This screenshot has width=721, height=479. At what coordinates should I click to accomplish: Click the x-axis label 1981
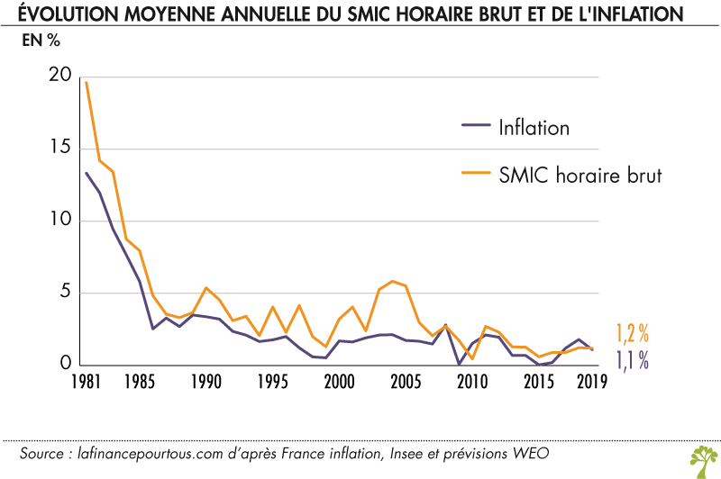tap(86, 381)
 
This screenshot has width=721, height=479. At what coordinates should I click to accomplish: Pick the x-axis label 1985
tap(140, 381)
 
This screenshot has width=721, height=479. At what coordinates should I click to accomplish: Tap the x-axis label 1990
tap(206, 381)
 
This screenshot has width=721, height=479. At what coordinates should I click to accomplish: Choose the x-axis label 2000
tap(339, 381)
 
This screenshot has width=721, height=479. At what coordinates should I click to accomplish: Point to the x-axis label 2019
tap(590, 381)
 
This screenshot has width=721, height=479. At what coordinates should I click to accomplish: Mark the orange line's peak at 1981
tap(86, 82)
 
